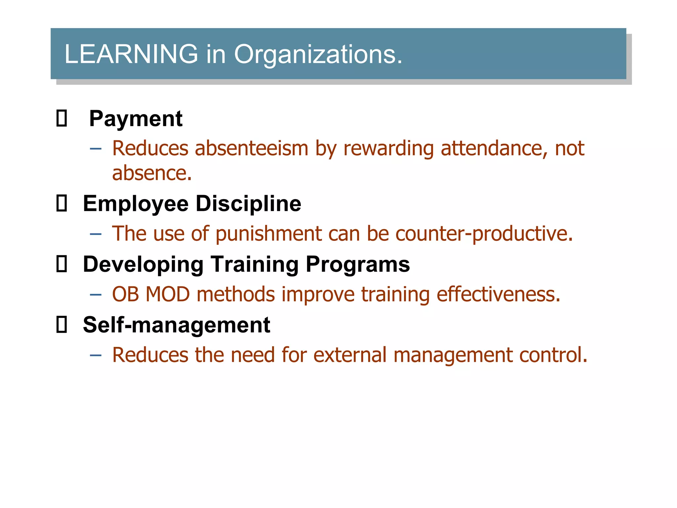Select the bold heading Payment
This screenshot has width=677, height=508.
point(136,118)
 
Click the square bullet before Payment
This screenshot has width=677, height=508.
point(61,118)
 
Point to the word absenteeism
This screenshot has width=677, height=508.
point(252,148)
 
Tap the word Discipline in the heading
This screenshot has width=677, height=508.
point(248,203)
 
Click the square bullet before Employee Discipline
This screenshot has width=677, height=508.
point(61,203)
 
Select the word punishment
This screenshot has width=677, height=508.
point(268,234)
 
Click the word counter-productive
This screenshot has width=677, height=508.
point(484,234)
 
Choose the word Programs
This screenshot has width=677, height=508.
point(358,264)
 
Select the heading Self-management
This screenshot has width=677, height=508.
point(177,325)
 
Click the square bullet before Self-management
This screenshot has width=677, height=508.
point(61,325)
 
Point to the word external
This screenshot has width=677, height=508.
point(350,355)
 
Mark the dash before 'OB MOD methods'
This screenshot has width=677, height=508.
point(96,295)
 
